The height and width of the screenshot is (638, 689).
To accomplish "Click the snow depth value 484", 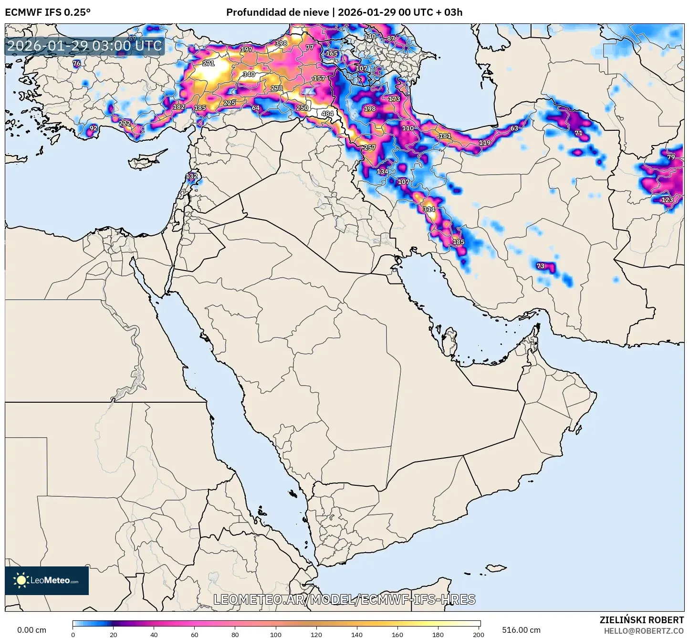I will pos(327,114).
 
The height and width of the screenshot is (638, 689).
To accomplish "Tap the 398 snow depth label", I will pos(281,43).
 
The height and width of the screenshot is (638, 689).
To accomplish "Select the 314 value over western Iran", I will pos(428,209).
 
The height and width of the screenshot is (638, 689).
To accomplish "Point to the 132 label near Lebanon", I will pos(191,176).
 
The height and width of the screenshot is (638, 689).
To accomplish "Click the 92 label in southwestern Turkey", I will pos(94,128).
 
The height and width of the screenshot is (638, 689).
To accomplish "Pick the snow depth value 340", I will pos(249,74).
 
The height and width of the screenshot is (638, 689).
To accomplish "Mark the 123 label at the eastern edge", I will pos(667,199).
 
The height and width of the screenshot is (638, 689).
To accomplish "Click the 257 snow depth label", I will pos(370,147).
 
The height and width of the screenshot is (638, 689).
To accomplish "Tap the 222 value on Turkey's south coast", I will pos(125,123).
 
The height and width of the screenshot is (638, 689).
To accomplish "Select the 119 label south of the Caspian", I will pos(485,143).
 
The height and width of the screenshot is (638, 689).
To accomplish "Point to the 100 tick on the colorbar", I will pos(276,634).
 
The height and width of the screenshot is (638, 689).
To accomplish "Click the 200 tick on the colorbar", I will pos(478,634).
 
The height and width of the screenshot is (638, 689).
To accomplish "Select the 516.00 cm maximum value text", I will pos(521,630).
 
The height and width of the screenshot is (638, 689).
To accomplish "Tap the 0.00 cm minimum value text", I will pos(31,630).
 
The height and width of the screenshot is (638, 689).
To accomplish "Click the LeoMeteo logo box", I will pos(47,580).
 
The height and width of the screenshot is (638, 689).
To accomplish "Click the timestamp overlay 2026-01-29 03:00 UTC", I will pos(84,46).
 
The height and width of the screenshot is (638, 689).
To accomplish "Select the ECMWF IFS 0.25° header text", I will pos(48,12).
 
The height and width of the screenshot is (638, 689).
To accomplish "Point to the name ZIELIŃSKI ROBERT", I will pos(641,620).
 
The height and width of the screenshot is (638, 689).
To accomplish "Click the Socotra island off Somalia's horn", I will pos(496,567).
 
